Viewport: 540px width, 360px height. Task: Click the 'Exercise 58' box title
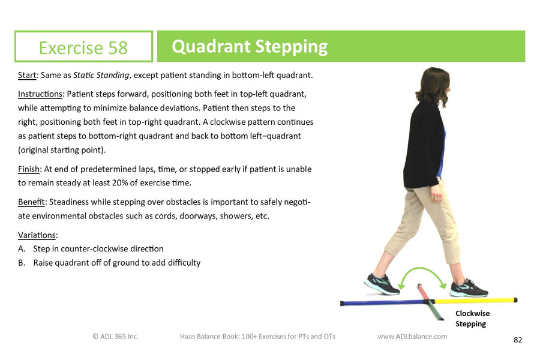[83, 47]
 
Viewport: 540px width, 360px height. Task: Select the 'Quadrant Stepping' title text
[250, 47]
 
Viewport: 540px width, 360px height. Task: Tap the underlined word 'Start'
[27, 75]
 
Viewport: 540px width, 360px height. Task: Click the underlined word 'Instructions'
[40, 94]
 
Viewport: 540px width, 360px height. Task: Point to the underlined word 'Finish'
[29, 169]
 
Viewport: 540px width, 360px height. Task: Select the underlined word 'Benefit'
[31, 202]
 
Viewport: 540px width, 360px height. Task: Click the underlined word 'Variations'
[37, 235]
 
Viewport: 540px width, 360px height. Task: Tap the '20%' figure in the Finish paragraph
[120, 182]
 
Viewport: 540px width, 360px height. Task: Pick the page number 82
[518, 340]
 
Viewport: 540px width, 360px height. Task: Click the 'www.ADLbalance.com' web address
[412, 336]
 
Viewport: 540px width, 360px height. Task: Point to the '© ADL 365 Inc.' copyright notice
[115, 336]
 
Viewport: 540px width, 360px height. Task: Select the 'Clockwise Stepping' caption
[472, 319]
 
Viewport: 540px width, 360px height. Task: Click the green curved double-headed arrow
[422, 269]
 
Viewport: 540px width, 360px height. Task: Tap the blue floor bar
[383, 303]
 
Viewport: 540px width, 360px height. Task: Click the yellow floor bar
[476, 301]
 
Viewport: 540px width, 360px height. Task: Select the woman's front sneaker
[469, 289]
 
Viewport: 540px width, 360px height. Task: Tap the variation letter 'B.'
[22, 263]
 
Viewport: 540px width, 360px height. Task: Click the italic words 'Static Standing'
[101, 75]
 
